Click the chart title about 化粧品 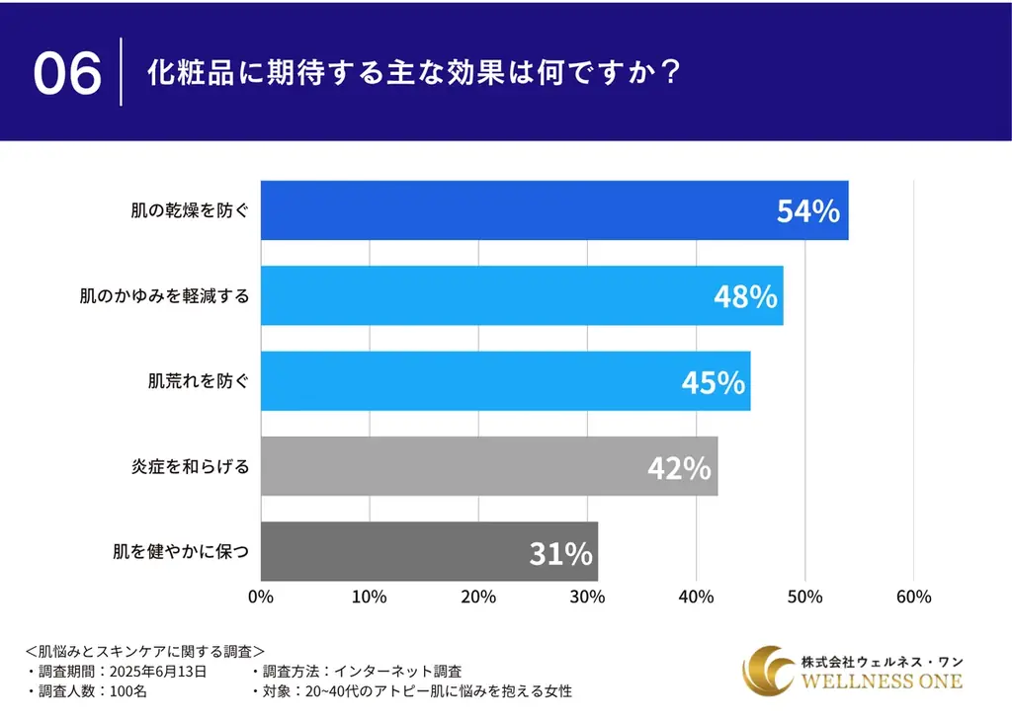point(412,74)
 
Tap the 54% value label point(807,211)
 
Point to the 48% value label point(745,296)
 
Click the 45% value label point(713,382)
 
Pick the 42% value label point(679,467)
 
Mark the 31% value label point(560,553)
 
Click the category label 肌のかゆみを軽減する point(164,295)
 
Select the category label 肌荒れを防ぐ point(191,380)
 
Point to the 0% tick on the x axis point(260,597)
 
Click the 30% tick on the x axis point(587,597)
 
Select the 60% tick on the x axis point(913,597)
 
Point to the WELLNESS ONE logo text point(881,682)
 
